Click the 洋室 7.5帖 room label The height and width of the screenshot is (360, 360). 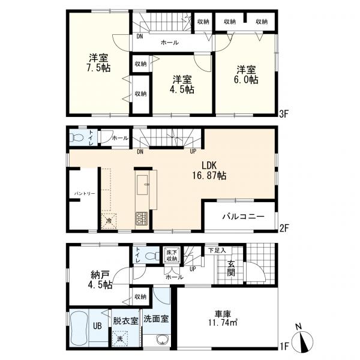tap(99, 62)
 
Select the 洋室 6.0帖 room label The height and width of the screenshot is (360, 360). tap(247, 74)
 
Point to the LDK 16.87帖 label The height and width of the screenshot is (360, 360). tap(209, 170)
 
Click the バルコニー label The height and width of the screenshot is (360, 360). tap(244, 217)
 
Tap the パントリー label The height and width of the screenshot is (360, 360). tap(85, 194)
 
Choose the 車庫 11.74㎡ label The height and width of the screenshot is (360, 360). tap(223, 319)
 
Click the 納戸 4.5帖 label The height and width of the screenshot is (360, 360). tap(100, 280)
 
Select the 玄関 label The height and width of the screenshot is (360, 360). tap(231, 268)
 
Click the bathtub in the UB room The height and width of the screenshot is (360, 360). tap(79, 328)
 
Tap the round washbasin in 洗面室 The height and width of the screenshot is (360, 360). tap(163, 340)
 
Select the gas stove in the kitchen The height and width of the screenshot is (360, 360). tap(142, 218)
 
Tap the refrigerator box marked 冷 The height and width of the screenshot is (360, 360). tap(109, 221)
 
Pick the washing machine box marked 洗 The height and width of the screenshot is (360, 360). tap(120, 338)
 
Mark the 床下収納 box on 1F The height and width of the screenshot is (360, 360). tap(172, 255)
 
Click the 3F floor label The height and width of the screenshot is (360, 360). tap(284, 113)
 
